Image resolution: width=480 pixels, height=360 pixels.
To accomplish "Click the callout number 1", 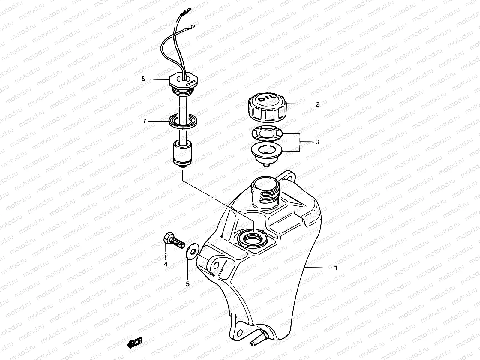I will click(x=336, y=268).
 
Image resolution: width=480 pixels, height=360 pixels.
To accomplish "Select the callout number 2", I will click(x=318, y=104).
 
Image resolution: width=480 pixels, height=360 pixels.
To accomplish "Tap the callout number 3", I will click(x=318, y=142).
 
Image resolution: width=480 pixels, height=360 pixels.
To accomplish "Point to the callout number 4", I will click(x=165, y=264).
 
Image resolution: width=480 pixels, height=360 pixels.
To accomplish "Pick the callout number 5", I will click(x=188, y=284).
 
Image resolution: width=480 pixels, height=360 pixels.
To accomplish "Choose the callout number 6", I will click(x=143, y=79).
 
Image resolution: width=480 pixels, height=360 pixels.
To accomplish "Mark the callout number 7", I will click(x=144, y=121).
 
